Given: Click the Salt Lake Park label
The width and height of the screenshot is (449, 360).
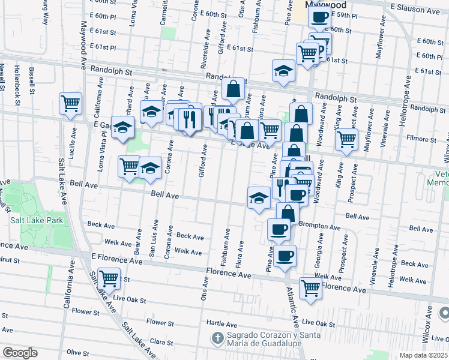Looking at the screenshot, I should click(36, 220).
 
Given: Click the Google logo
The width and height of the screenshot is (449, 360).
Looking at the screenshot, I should click(20, 353).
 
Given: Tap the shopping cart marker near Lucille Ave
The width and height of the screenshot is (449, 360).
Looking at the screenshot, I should click(71, 104).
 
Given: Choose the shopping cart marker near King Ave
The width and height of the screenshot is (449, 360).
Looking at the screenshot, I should click(346, 139).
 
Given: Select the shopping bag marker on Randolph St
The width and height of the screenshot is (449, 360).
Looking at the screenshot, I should click(234, 89).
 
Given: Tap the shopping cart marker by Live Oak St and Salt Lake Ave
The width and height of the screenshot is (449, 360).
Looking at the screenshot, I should click(109, 278).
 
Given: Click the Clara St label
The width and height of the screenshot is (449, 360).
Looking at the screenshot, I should click(160, 341).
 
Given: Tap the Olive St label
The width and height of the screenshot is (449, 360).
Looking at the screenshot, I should click(78, 352).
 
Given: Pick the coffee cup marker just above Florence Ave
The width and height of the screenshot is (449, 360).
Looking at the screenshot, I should click(286, 256).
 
